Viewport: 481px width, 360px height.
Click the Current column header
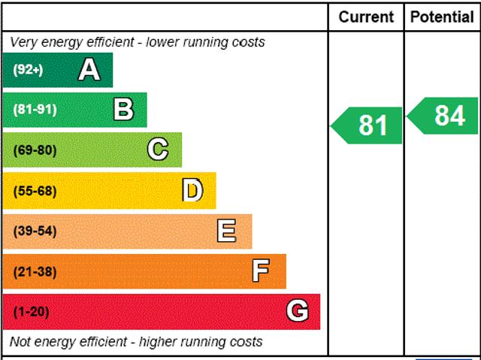[x=366, y=17]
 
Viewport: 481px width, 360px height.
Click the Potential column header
[x=442, y=17]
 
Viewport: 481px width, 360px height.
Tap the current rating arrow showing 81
[x=368, y=125]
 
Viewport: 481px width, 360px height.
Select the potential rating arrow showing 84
[x=443, y=116]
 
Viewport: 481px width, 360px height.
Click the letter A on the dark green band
[x=89, y=70]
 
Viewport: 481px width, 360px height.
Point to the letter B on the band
[x=123, y=110]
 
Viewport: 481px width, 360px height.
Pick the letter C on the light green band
[x=158, y=150]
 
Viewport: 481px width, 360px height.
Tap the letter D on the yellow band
[x=192, y=190]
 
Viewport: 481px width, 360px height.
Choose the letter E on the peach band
[x=226, y=231]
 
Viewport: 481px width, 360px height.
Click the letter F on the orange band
[x=261, y=271]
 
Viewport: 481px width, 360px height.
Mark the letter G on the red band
[x=298, y=310]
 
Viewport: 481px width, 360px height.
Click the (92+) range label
[x=29, y=70]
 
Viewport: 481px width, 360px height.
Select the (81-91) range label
[x=35, y=110]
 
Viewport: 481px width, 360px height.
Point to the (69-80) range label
[x=35, y=150]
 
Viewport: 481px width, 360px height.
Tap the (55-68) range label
[x=35, y=190]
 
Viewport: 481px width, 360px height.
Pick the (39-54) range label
[x=35, y=231]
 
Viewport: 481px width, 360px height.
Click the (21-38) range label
[x=35, y=271]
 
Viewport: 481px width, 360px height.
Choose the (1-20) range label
[x=31, y=311]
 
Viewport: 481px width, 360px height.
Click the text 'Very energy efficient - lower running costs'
[x=137, y=42]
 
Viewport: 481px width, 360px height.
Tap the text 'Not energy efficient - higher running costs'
[x=136, y=342]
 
